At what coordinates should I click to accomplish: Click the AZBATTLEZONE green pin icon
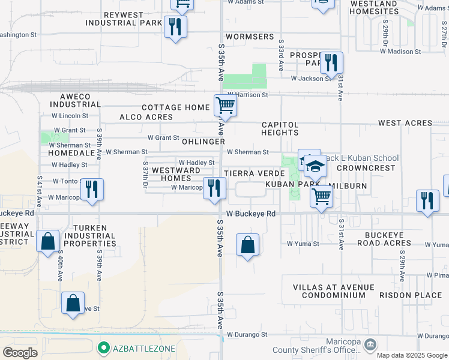(x=103, y=347)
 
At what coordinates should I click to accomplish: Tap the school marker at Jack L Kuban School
(x=315, y=166)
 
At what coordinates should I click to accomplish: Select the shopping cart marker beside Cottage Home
(x=225, y=106)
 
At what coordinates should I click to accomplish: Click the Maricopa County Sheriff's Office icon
(x=370, y=344)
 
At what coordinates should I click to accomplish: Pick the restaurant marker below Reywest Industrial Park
(x=175, y=27)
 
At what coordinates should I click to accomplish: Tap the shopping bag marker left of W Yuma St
(x=247, y=244)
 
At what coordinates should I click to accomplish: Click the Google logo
(x=20, y=353)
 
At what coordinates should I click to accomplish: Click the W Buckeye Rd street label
(x=251, y=214)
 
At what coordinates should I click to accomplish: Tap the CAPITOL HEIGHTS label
(x=280, y=128)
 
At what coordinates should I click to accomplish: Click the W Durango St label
(x=247, y=334)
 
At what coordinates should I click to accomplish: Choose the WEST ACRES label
(x=405, y=123)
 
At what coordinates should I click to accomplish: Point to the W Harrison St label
(x=247, y=95)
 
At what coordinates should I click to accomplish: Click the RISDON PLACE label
(x=419, y=295)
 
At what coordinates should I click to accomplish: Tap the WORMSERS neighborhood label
(x=250, y=37)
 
